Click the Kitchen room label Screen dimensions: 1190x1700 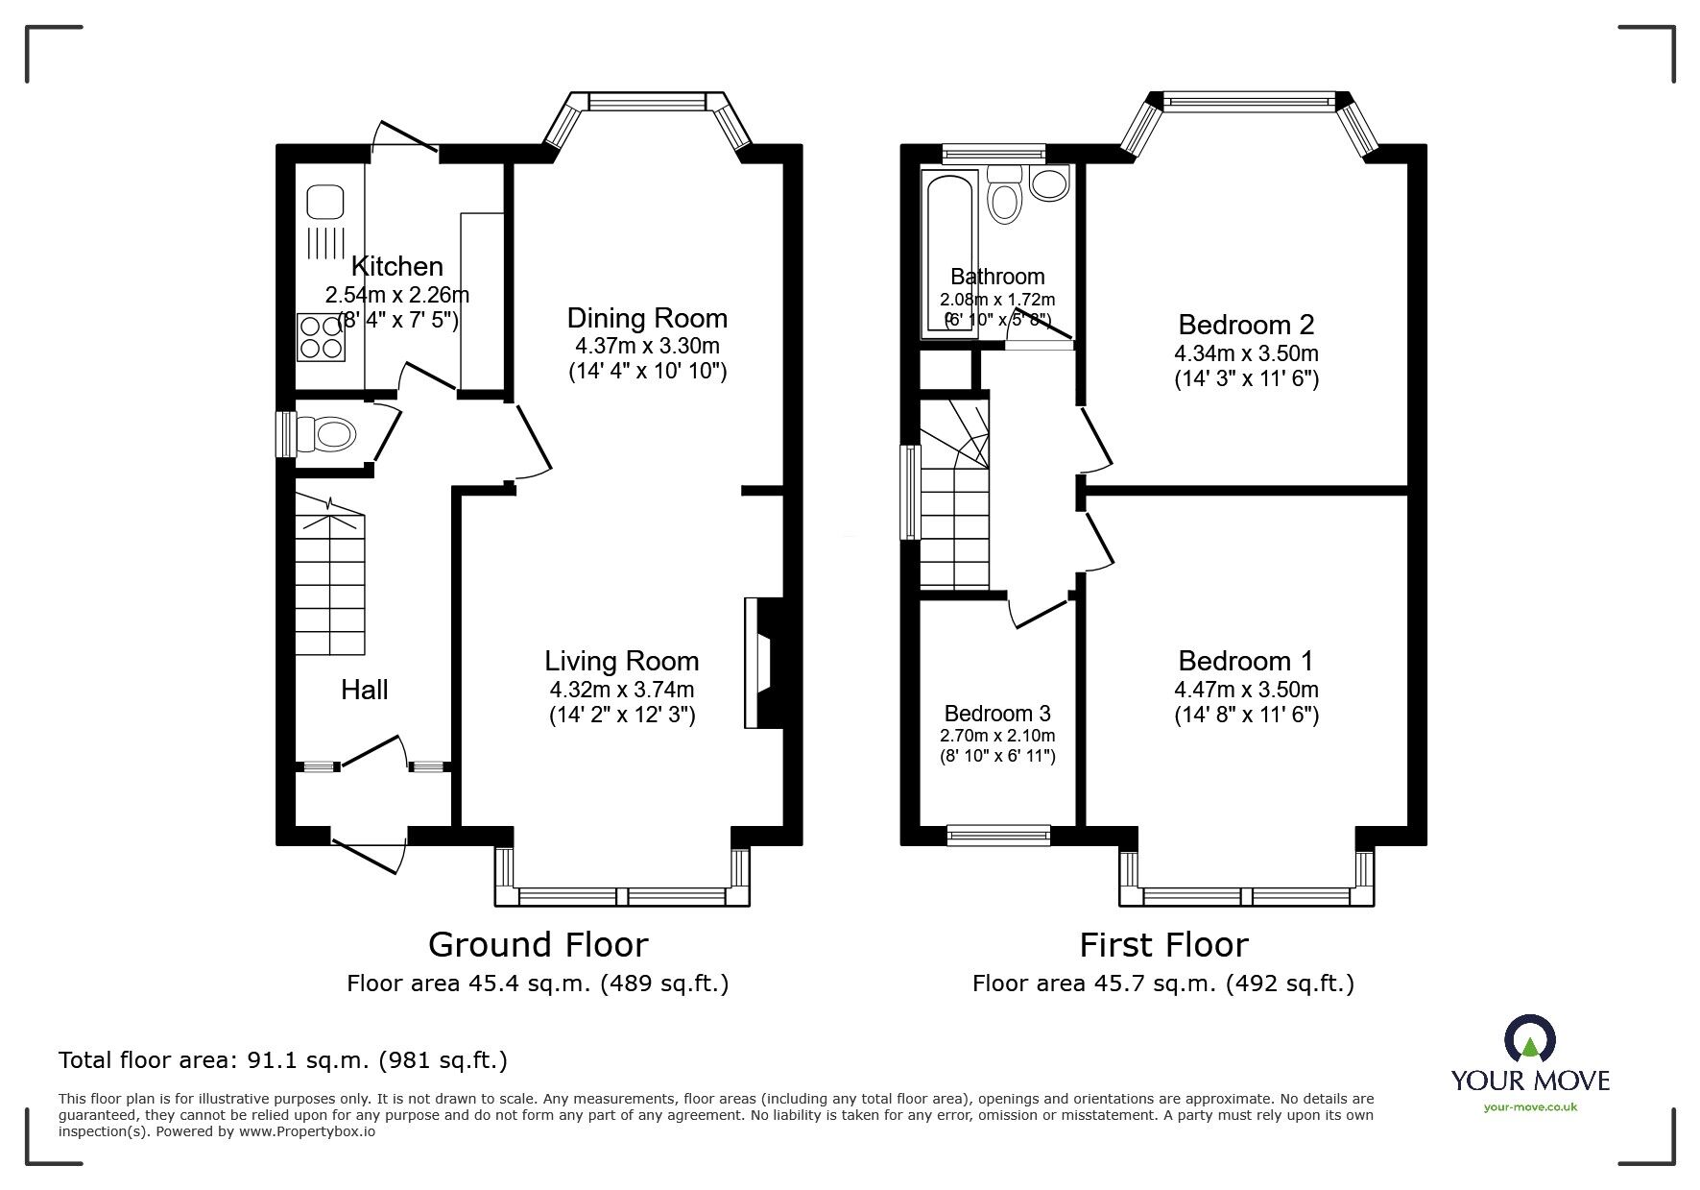click(396, 266)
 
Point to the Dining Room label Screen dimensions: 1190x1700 click(647, 318)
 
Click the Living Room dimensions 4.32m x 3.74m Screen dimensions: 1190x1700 click(621, 690)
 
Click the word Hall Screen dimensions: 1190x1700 click(365, 690)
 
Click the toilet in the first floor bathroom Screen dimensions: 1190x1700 click(1005, 196)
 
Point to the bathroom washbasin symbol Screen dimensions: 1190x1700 click(1049, 183)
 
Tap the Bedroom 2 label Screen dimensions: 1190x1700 click(1246, 325)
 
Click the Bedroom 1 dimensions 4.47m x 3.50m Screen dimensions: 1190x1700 click(1246, 690)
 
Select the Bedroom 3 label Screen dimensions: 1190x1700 click(997, 714)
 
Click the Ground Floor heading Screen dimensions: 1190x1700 click(538, 945)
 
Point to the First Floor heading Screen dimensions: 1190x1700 click(1163, 945)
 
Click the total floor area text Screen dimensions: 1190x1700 click(283, 1060)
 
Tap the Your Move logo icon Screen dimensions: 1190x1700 click(1530, 1039)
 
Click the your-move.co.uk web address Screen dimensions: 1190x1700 click(1530, 1107)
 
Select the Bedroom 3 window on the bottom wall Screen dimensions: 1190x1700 click(998, 836)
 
